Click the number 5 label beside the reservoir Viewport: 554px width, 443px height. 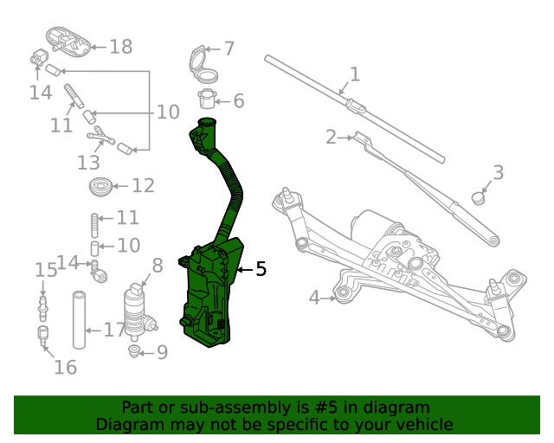[x=261, y=270]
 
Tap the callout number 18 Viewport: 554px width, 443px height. [x=121, y=47]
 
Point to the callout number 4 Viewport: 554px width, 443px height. [x=314, y=299]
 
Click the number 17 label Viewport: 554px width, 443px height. [x=114, y=330]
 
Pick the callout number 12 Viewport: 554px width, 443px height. [x=143, y=185]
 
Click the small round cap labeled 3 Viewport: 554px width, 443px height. [x=478, y=198]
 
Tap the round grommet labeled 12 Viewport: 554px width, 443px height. [x=101, y=185]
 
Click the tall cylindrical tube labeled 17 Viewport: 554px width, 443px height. [x=80, y=320]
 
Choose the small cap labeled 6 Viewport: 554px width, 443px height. [x=207, y=99]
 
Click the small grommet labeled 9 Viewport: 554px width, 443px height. [x=134, y=350]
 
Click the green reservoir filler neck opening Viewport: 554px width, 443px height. [x=205, y=124]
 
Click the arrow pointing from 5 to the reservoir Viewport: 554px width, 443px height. [x=244, y=270]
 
